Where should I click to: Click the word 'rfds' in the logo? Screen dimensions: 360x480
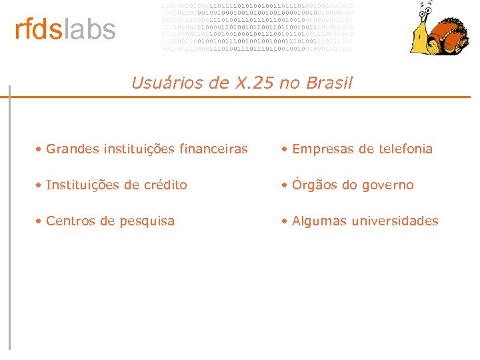point(37,30)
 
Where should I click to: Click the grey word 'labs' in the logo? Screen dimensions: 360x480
point(89,30)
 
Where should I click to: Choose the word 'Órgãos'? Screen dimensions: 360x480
point(315,185)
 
